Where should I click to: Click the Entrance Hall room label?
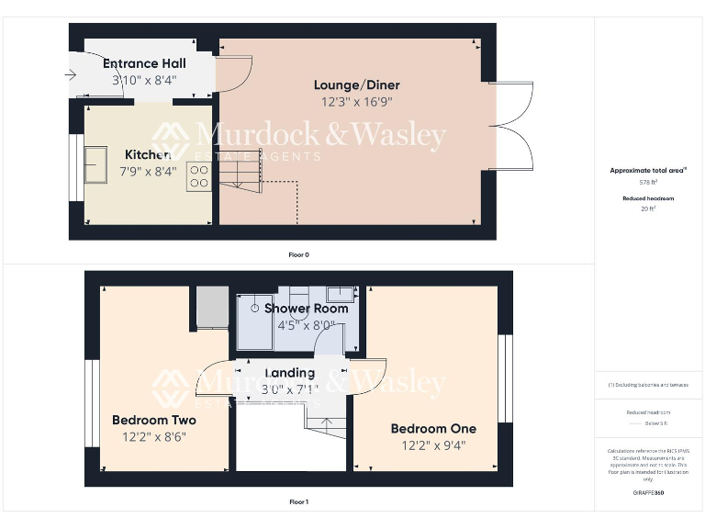144,63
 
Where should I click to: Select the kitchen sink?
95,164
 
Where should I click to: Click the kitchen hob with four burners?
199,176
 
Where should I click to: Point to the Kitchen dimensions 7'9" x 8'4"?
148,172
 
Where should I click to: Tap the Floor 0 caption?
298,254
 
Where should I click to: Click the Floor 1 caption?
298,502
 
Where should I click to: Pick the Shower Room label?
306,309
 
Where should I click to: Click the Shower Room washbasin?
341,295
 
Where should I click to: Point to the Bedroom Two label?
154,420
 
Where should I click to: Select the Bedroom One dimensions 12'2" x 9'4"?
433,445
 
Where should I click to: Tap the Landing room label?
289,373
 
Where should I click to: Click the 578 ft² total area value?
648,183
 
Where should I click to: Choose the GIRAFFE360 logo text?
648,493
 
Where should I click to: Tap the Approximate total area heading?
647,171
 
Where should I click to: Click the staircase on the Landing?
327,426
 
